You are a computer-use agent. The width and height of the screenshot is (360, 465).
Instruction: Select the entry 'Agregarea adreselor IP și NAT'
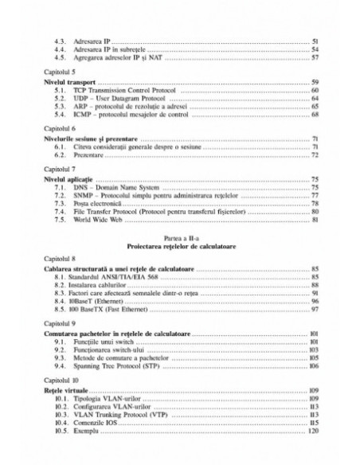coord(112,57)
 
